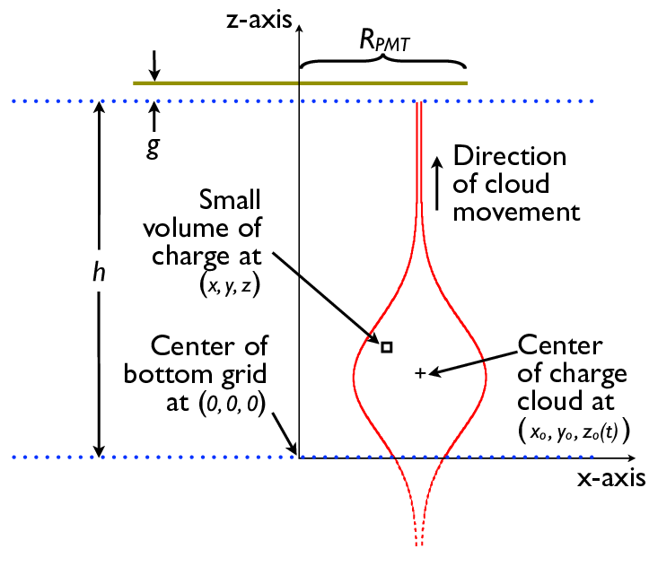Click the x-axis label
click(x=610, y=478)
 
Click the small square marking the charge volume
click(x=386, y=346)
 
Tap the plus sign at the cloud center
click(x=419, y=372)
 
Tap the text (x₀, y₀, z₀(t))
click(x=574, y=430)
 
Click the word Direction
click(x=510, y=155)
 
